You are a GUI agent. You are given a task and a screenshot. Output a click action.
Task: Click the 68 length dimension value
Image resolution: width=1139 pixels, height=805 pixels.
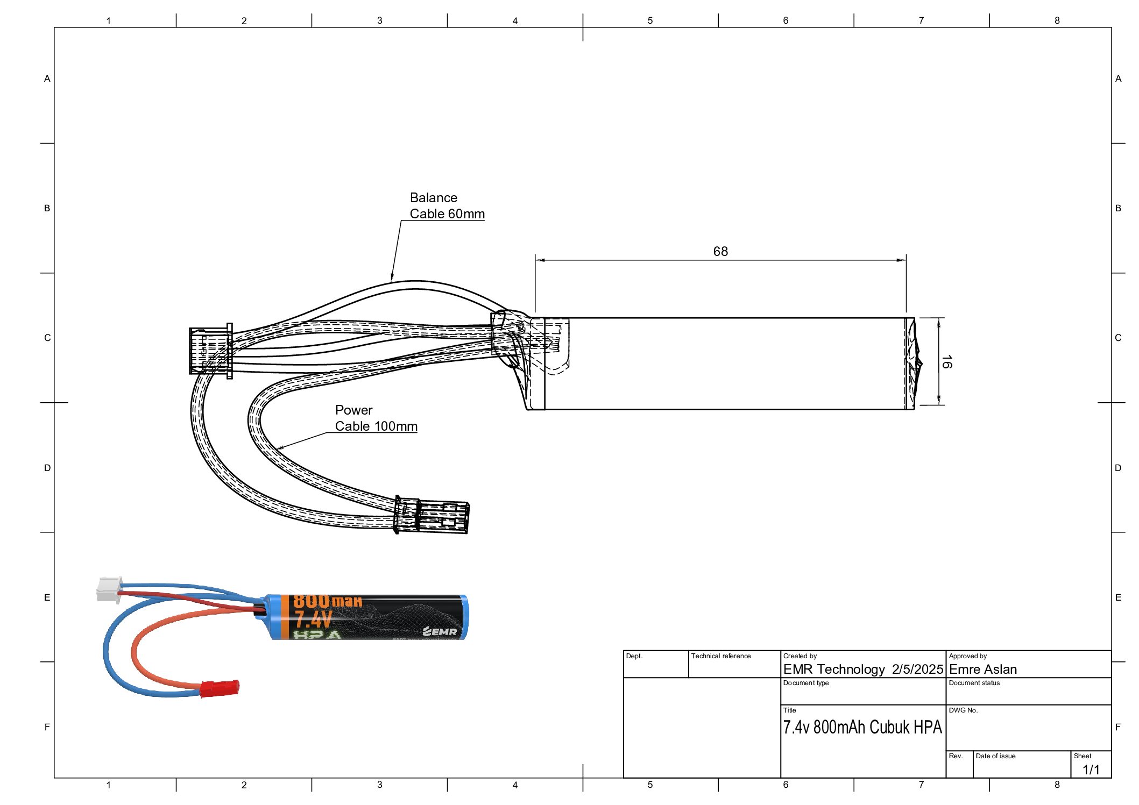click(720, 252)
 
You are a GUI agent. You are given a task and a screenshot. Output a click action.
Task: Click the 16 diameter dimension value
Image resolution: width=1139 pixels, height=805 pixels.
click(946, 362)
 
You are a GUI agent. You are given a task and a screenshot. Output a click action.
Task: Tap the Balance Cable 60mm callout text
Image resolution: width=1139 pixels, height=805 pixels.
click(447, 206)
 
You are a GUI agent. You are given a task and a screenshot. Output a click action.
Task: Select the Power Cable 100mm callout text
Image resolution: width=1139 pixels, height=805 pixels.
click(376, 418)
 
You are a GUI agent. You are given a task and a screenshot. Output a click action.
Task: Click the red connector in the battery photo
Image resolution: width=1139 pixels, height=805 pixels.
click(220, 688)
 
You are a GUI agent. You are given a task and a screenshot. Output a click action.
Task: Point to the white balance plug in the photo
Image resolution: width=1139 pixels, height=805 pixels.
click(109, 589)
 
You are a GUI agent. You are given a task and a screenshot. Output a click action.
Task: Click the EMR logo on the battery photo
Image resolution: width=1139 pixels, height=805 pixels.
click(440, 631)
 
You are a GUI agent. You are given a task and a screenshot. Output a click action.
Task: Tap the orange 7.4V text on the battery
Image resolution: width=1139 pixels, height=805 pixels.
click(313, 619)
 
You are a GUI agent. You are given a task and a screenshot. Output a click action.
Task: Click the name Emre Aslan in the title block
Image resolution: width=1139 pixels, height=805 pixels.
click(982, 669)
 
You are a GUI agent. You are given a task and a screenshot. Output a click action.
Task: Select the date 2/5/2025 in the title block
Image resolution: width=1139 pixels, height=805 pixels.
click(917, 669)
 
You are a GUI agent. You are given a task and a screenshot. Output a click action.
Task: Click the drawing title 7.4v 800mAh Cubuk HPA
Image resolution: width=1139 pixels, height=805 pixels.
click(862, 727)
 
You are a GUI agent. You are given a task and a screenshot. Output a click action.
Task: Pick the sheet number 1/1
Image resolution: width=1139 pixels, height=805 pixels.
click(1091, 770)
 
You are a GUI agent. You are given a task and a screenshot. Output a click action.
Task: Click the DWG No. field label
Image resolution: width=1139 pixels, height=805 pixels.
click(963, 710)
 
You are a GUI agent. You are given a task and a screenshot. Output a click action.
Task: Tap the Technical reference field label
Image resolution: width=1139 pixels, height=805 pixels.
click(720, 656)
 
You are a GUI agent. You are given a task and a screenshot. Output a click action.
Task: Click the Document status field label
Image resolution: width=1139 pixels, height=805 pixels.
click(974, 683)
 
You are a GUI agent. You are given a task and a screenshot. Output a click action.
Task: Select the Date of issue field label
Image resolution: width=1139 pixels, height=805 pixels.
click(995, 756)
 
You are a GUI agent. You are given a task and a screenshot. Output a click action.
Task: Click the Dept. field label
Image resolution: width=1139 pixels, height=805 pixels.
click(634, 656)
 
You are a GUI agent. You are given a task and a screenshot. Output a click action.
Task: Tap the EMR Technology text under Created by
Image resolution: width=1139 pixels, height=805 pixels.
click(833, 669)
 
